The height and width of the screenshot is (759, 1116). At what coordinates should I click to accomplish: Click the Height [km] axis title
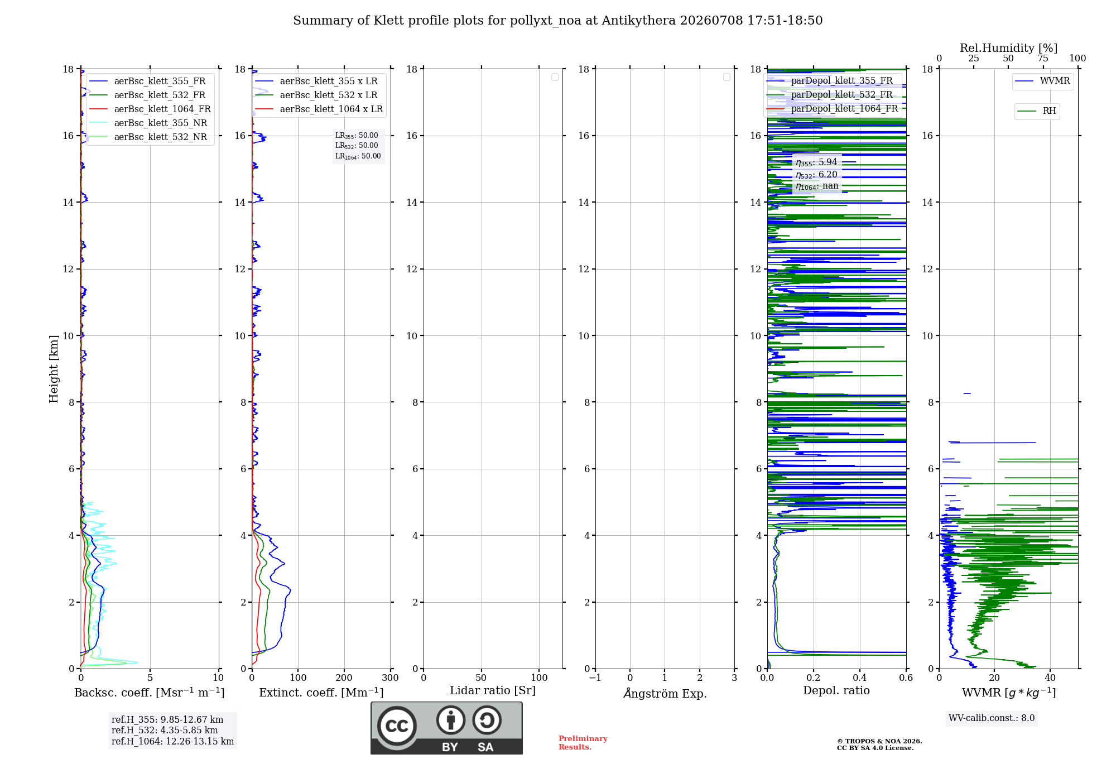tap(54, 369)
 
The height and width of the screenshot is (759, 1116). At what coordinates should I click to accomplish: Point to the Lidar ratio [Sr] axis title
tap(493, 691)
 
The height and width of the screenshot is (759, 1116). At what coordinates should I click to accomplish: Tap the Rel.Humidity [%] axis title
tap(1008, 48)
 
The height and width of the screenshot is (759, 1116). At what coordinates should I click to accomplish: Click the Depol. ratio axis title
tap(836, 690)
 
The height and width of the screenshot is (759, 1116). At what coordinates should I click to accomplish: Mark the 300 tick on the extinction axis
tap(391, 678)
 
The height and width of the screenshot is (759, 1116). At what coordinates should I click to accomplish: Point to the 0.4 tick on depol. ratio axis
tap(860, 678)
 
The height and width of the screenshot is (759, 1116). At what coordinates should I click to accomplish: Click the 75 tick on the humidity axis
tap(1043, 58)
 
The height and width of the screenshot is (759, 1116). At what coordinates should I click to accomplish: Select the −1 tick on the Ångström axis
tap(595, 678)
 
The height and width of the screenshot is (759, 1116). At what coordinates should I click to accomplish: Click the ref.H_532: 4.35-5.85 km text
tap(165, 730)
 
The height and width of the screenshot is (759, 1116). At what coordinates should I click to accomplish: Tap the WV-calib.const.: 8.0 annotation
tap(992, 718)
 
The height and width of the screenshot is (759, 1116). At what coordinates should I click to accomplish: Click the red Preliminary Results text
tap(583, 743)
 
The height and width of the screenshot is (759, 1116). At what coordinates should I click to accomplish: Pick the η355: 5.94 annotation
tap(816, 162)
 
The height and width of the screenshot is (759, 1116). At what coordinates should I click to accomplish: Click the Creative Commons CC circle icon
tap(397, 726)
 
